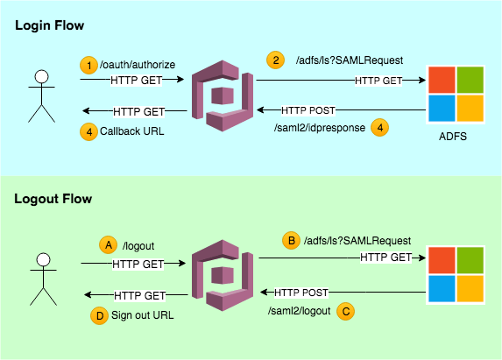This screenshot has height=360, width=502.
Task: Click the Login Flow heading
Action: [x=50, y=26]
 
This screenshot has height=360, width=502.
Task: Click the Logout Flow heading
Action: [x=53, y=199]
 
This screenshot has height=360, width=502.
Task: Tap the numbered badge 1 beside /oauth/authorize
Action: [x=88, y=65]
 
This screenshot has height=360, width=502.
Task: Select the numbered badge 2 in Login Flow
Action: [x=277, y=60]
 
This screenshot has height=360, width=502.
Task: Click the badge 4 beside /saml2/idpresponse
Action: [x=378, y=127]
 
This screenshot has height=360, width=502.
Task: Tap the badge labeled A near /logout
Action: [x=110, y=246]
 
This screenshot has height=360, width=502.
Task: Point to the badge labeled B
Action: [x=290, y=240]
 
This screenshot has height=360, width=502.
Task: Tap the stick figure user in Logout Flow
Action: [x=39, y=277]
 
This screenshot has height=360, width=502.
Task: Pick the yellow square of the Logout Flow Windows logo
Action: [x=470, y=287]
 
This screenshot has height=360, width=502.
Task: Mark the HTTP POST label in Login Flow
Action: [x=308, y=111]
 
